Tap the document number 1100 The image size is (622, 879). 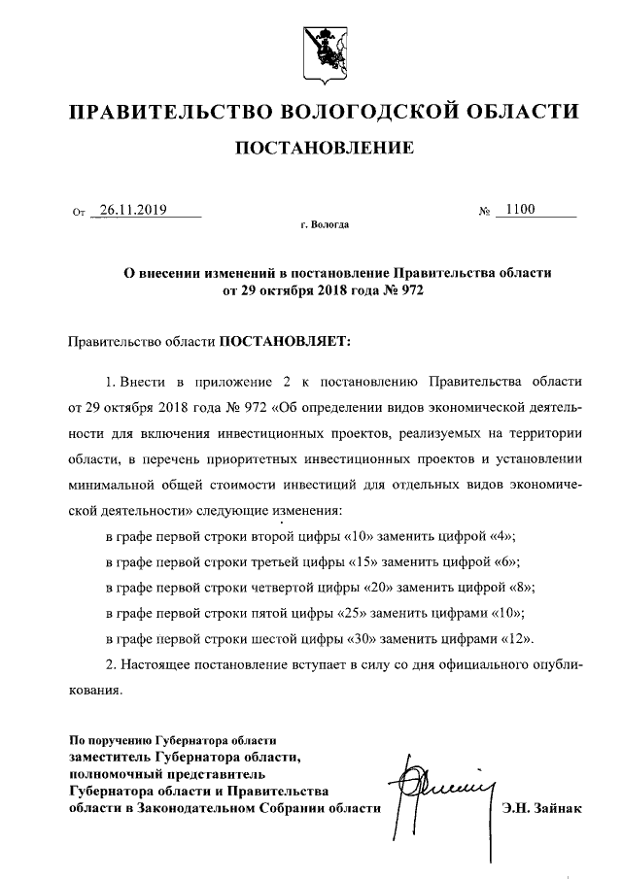520,208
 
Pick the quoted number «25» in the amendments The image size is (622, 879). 363,613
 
